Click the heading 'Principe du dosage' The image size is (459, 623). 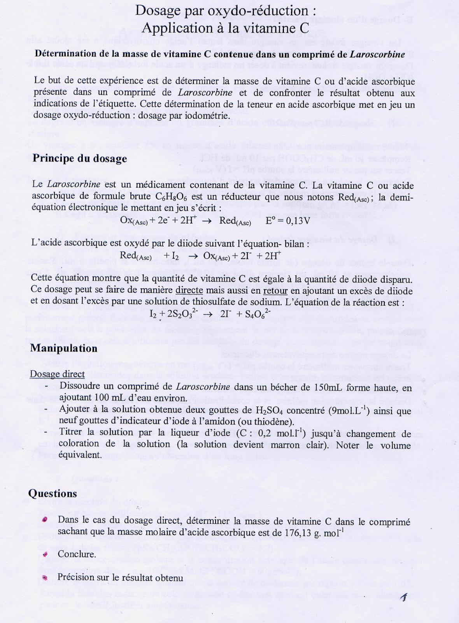coord(80,158)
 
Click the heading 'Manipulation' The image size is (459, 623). coord(64,348)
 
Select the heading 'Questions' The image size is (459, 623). coord(53,493)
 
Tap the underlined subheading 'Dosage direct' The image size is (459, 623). coord(57,374)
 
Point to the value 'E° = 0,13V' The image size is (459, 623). coord(287,221)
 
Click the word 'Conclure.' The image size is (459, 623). coord(77,554)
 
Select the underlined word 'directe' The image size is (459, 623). coord(189,290)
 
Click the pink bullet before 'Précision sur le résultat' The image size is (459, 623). coord(45,577)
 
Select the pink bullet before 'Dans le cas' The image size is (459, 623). coord(45,520)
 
